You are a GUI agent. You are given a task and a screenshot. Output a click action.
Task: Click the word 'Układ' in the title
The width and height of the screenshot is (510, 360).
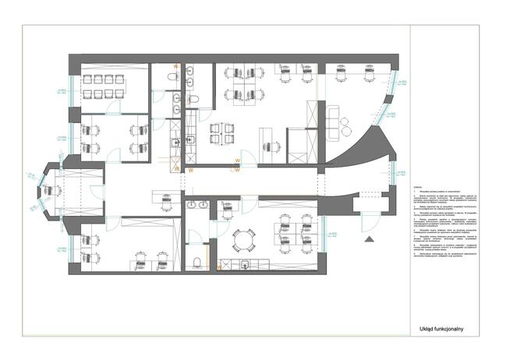[427, 330]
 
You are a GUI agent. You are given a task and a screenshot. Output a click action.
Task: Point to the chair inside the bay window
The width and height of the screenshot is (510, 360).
[54, 189]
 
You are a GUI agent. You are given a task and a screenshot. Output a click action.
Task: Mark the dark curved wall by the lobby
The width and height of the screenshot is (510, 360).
[355, 148]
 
